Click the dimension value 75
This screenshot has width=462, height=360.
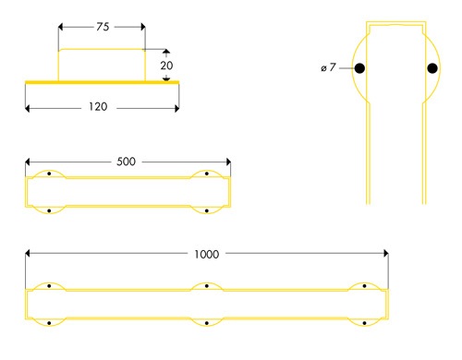(x=101, y=28)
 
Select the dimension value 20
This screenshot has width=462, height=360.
(x=166, y=66)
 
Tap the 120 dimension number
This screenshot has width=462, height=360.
(x=99, y=107)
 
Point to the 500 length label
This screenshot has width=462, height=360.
(x=127, y=162)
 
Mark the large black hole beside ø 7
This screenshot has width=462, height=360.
(x=359, y=68)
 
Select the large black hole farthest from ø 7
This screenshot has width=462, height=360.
(x=432, y=68)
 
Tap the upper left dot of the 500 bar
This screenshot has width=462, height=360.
(x=48, y=174)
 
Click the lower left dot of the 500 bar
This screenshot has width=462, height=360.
(x=48, y=210)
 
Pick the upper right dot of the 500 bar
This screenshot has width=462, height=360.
(x=207, y=174)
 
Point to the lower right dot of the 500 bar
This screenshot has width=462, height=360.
(x=207, y=210)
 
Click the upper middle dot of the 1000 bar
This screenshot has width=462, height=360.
(x=207, y=285)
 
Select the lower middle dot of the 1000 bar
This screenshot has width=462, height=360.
(x=207, y=322)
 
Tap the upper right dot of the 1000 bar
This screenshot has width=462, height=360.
(x=366, y=285)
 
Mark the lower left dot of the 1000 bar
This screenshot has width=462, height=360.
(x=48, y=322)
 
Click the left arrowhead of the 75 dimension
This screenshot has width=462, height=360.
(x=61, y=28)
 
